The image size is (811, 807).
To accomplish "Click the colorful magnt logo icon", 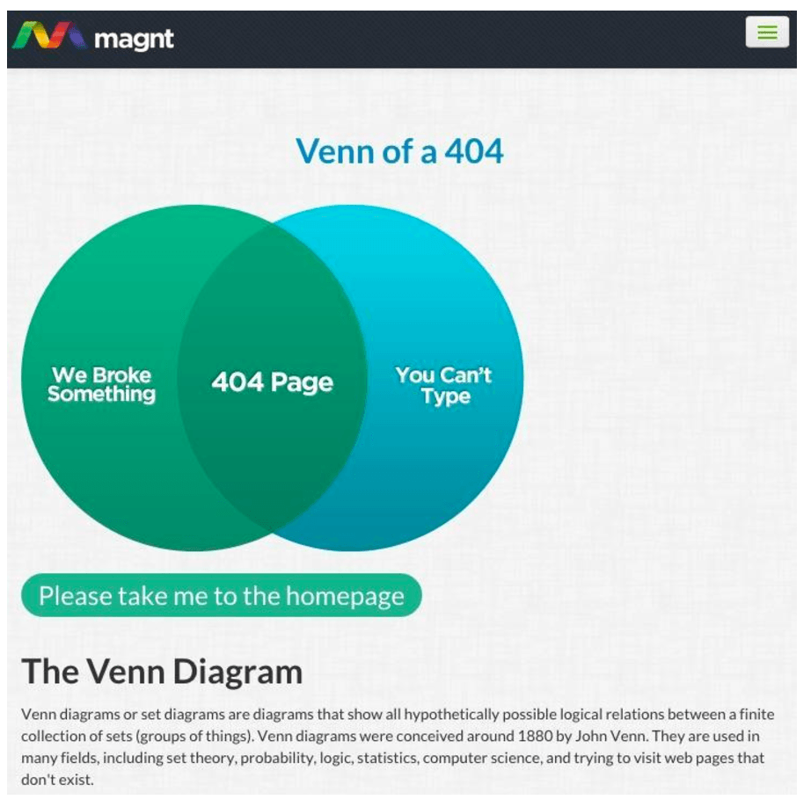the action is pos(49,35).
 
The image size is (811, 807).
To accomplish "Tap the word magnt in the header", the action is pos(134,39).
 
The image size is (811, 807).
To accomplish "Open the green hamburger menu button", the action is pos(767,32).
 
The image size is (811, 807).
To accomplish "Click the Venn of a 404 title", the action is pos(399,151).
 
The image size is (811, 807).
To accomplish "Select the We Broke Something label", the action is pos(101,384).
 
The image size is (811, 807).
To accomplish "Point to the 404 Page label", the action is pos(272,382).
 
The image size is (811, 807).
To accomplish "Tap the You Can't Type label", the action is pos(444,385).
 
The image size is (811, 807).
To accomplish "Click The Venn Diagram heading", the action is pos(162,672).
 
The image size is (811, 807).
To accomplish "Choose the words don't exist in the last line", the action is pos(57,780).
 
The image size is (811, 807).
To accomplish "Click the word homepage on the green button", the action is pos(345,596).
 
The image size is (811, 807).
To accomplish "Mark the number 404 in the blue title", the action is pos(474,151).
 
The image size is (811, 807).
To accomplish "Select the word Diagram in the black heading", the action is pos(237,672).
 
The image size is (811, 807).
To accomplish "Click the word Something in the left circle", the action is pos(101,395).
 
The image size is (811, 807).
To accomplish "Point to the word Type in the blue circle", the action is pos(446,396).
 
